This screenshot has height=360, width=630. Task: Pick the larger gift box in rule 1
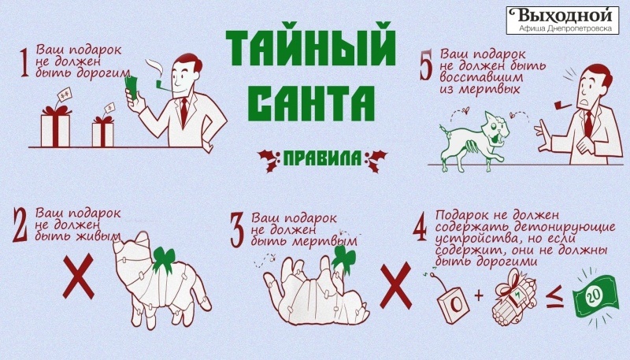click(x=57, y=126)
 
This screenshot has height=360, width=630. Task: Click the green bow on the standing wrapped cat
click(x=165, y=258)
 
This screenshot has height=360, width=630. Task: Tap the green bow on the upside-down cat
click(x=342, y=256)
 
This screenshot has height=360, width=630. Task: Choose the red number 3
click(x=237, y=229)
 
